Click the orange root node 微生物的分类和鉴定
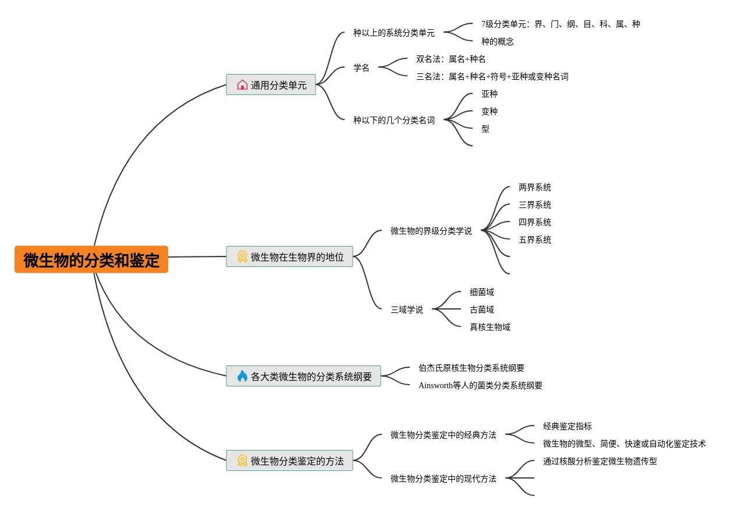[91, 259]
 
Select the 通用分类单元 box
[271, 85]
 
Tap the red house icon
[242, 85]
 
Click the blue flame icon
[242, 376]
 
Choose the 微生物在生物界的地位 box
[290, 256]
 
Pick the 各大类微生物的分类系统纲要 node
[304, 376]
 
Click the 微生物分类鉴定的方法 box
[290, 460]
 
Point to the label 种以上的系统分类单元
[393, 33]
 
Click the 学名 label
[361, 68]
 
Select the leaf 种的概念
[497, 41]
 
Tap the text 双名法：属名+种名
[451, 59]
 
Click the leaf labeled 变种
[489, 111]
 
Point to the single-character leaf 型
[485, 129]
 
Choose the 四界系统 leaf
[534, 222]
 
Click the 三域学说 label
[406, 309]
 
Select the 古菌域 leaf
[481, 309]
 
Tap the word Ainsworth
[435, 385]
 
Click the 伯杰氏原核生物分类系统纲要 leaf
[471, 368]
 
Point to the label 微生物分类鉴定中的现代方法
[443, 479]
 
